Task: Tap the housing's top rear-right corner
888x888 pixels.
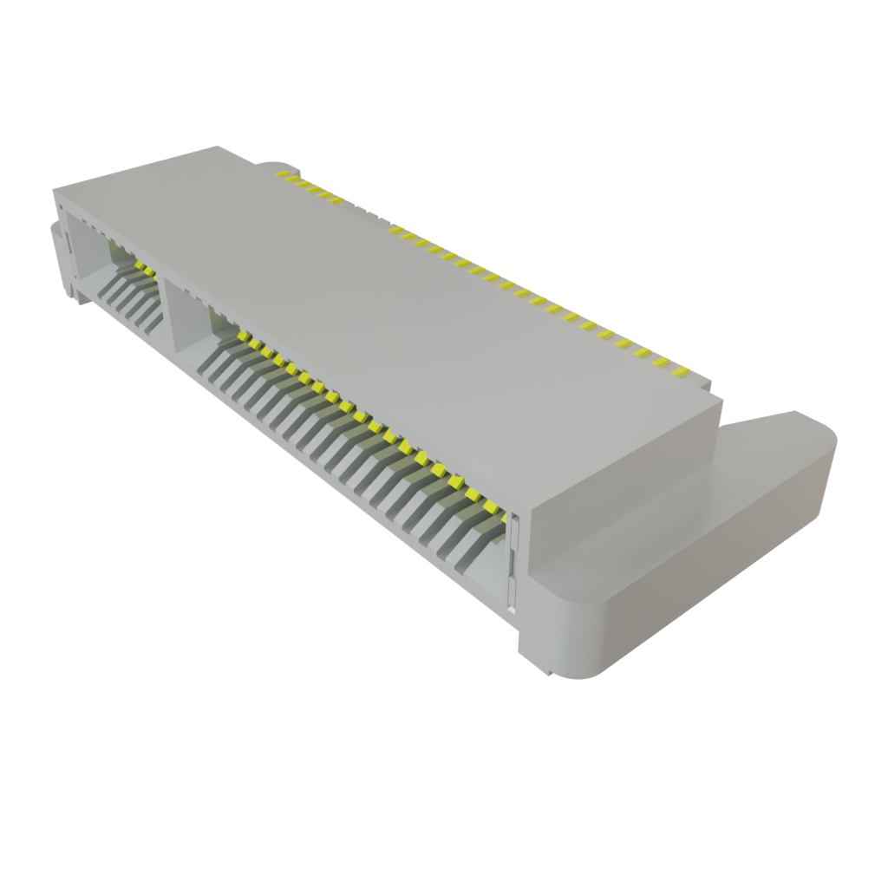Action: [x=720, y=398]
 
